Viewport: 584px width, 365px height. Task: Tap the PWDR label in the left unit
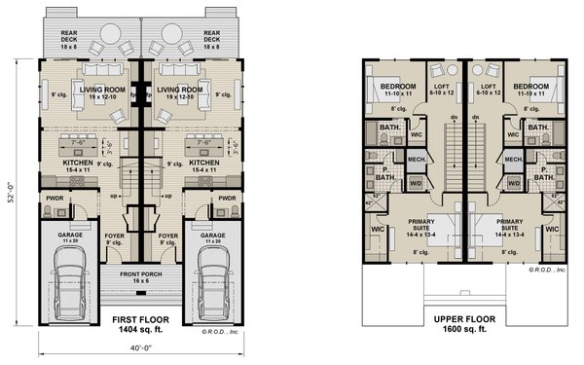(55, 198)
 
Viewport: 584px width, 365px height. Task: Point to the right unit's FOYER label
(168, 236)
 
